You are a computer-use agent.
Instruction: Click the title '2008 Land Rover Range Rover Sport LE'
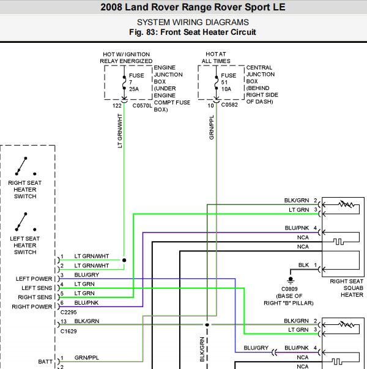(183, 7)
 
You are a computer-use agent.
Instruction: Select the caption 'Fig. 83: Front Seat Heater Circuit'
(183, 32)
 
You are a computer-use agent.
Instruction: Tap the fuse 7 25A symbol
(124, 82)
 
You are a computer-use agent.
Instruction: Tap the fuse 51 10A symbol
(217, 82)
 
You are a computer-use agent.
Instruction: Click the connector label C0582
(229, 105)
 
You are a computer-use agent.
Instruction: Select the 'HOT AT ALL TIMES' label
(217, 58)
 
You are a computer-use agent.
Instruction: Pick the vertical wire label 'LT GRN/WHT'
(119, 132)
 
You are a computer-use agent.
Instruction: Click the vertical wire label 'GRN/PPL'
(212, 127)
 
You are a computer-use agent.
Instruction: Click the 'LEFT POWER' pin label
(35, 279)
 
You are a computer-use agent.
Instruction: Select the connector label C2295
(69, 312)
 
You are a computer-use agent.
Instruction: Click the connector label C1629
(69, 330)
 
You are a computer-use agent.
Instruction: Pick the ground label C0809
(289, 288)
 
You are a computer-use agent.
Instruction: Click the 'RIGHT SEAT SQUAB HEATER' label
(346, 288)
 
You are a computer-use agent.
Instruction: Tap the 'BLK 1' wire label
(308, 265)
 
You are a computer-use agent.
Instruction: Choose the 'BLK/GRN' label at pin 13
(86, 321)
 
